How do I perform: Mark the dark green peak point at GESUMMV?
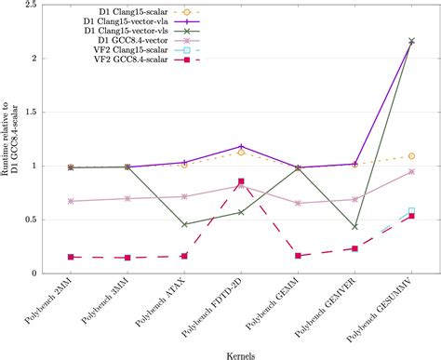[412, 42]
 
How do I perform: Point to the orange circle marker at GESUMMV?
[412, 156]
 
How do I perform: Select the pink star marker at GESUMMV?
[412, 172]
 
